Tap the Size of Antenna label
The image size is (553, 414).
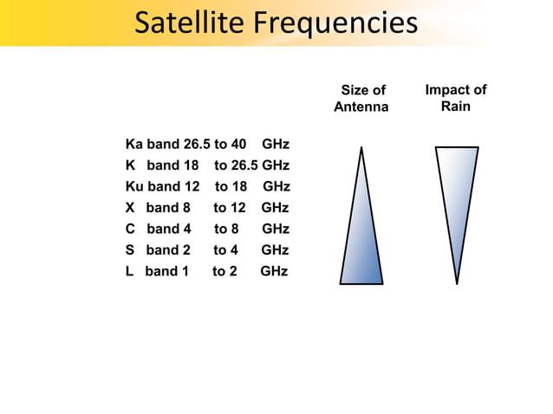361,99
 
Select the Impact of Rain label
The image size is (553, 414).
455,98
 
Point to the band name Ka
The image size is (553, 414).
134,144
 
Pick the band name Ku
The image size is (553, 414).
134,186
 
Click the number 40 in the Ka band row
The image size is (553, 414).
237,144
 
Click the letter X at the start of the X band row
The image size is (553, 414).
131,208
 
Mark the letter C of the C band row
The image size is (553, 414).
131,230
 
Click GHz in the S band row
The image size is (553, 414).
275,250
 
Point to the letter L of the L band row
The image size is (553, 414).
130,271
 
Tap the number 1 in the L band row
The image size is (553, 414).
184,271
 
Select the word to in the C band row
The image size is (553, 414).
221,230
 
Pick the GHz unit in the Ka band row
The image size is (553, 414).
276,144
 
